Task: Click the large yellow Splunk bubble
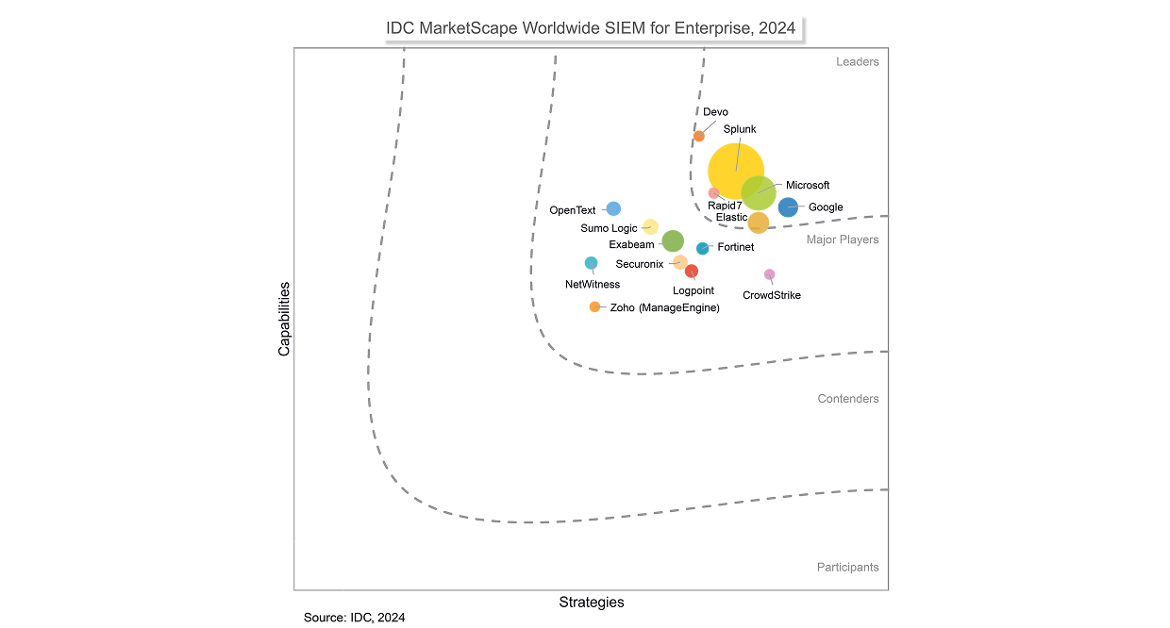pos(735,170)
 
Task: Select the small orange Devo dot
pos(699,136)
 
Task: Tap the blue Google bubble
pos(788,207)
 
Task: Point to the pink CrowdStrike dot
pos(769,274)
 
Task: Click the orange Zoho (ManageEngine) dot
pos(594,306)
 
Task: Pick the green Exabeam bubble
pos(673,241)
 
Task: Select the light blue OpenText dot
pos(613,208)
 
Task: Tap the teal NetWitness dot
pos(591,263)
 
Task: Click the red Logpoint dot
pos(692,272)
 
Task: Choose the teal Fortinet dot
pos(702,248)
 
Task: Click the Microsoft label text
pos(808,186)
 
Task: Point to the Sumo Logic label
pos(609,228)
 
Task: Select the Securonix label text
pos(639,264)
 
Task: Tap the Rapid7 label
pos(725,205)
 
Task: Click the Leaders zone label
pos(857,62)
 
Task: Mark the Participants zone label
pos(847,568)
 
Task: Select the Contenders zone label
pos(847,399)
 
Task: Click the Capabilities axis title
pos(284,319)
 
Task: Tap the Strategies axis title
pos(592,603)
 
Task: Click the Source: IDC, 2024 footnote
pos(354,618)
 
